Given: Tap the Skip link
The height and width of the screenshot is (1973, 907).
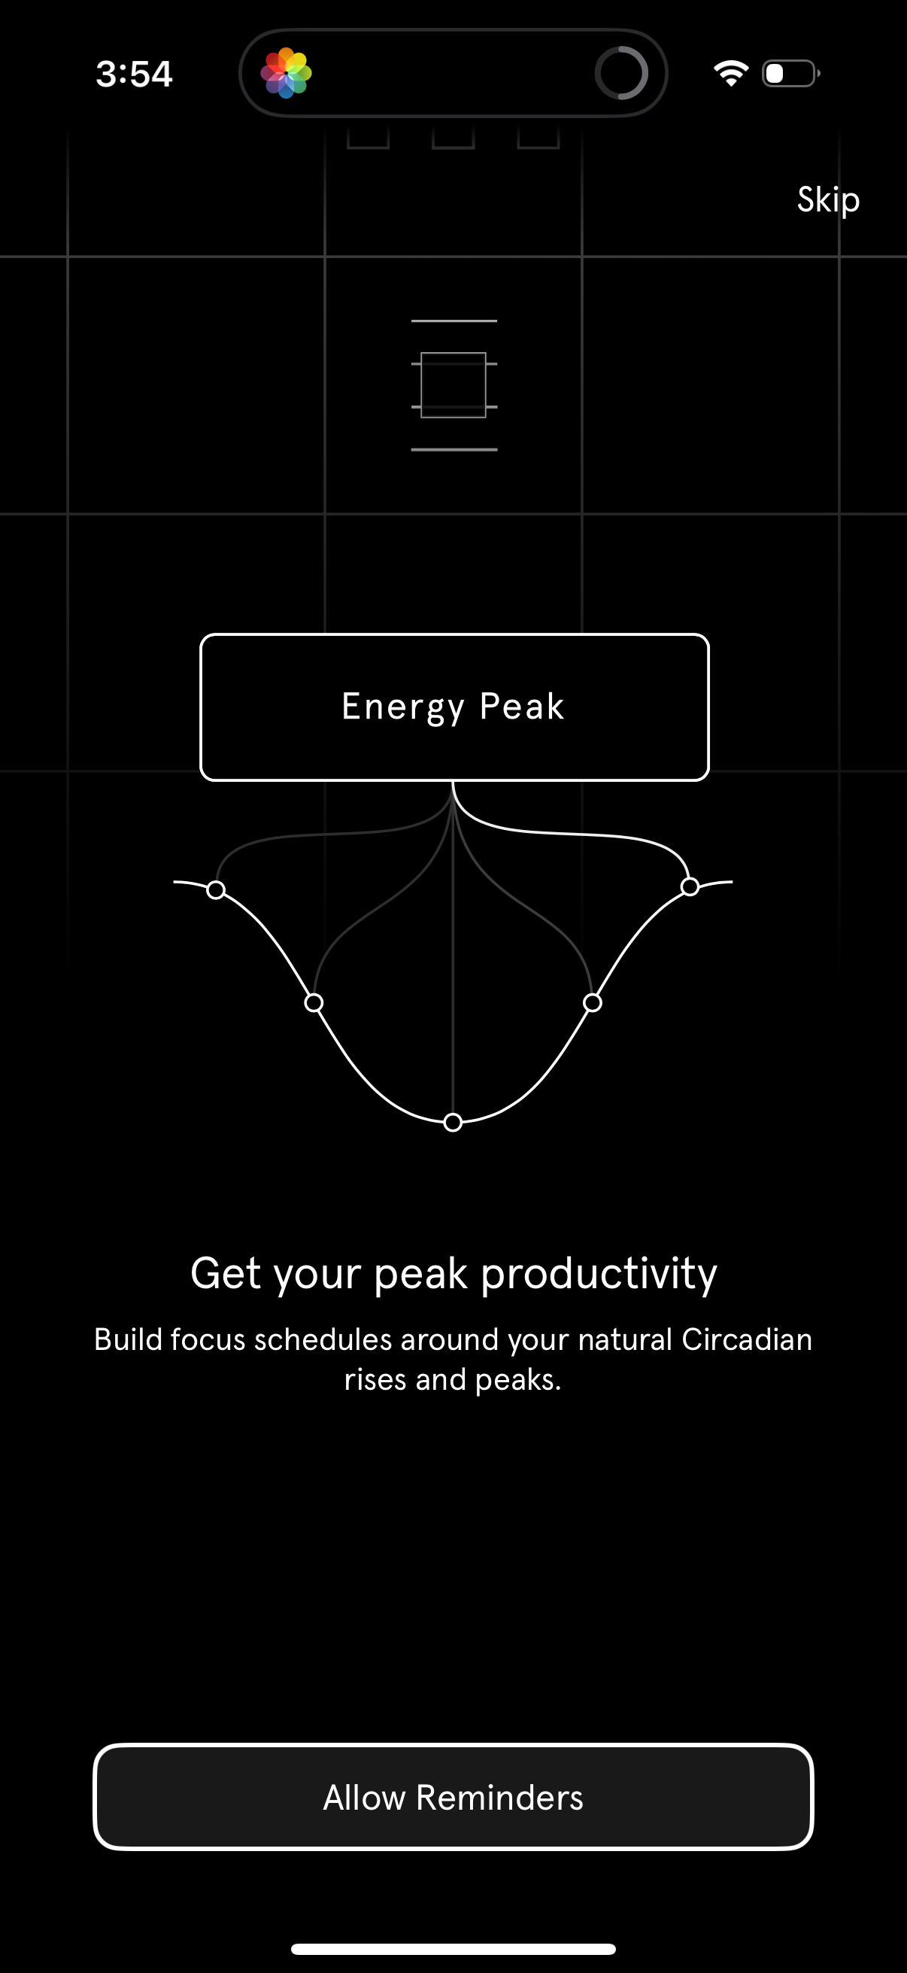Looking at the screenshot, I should [828, 200].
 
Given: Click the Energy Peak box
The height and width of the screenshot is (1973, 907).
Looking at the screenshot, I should [454, 707].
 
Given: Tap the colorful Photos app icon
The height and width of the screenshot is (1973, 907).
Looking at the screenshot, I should [287, 74].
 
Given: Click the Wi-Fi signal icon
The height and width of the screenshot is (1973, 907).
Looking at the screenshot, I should [730, 74].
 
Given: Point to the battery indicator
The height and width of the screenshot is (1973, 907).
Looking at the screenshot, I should [790, 74].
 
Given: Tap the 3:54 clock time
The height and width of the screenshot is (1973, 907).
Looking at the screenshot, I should [134, 74].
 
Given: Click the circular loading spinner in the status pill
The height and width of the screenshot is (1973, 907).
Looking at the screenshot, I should [620, 74].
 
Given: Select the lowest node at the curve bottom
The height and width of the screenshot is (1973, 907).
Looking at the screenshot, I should [453, 1122].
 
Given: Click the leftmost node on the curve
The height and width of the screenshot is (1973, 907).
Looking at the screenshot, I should [216, 890].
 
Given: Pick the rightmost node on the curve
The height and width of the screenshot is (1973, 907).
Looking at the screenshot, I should [690, 886].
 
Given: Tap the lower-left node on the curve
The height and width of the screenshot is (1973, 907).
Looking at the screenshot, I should [314, 1002].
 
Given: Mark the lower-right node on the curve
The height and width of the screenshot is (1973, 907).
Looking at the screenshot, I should [593, 1002].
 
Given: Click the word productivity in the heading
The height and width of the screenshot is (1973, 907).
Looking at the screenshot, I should [599, 1274].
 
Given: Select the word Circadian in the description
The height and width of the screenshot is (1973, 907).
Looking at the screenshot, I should [746, 1339].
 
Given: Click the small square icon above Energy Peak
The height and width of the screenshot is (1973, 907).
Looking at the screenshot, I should [454, 385].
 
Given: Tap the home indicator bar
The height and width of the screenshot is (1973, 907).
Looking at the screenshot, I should [453, 1948].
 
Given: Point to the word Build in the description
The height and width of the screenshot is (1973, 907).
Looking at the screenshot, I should [127, 1339].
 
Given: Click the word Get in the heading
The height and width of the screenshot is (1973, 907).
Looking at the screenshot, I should [226, 1274].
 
